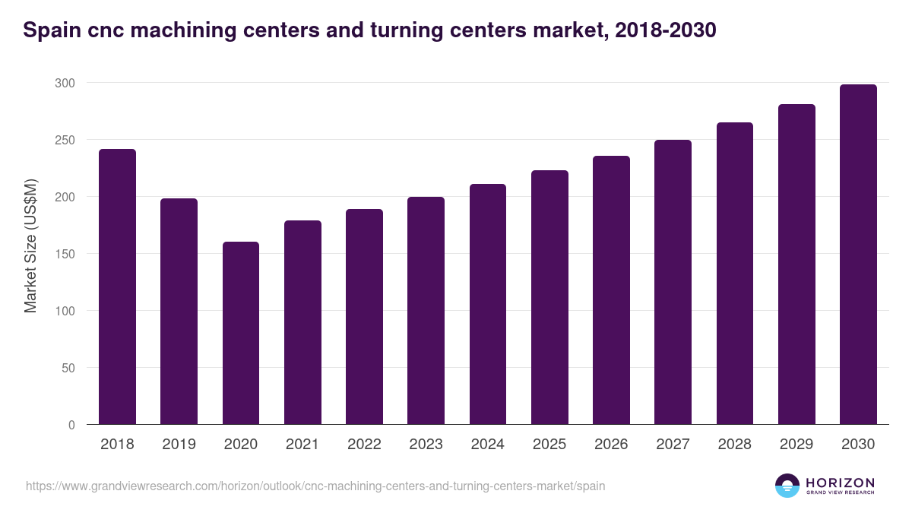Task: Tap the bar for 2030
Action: pos(858,255)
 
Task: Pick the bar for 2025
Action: pos(549,297)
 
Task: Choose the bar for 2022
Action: pos(364,317)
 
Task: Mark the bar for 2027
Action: pos(673,282)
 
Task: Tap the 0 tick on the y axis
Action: pos(71,425)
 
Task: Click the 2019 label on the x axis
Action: pos(179,445)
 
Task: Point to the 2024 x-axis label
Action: pos(487,445)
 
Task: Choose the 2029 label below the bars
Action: pos(796,445)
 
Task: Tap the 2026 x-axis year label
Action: pos(611,445)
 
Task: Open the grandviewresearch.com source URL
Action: pos(315,486)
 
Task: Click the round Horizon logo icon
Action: pos(787,486)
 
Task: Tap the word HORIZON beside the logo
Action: pos(840,483)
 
